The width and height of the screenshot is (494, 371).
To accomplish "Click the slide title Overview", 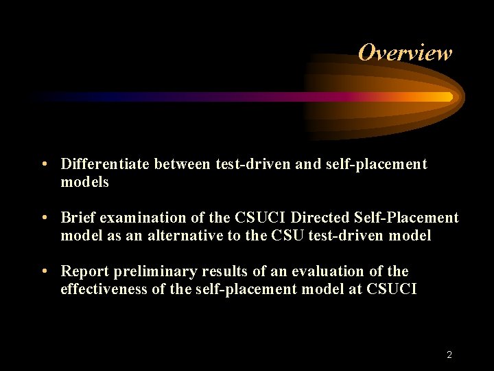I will [405, 53].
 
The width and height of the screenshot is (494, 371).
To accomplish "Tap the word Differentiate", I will [106, 164].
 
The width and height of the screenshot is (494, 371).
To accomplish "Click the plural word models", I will [84, 182].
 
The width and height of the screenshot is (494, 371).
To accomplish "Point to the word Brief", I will [78, 218].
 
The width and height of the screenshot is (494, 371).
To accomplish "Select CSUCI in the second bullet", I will [261, 218].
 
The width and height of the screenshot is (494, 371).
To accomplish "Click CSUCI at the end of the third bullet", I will [392, 289].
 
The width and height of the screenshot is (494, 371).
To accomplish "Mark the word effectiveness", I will [103, 289].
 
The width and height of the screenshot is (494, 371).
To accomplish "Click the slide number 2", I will [449, 355].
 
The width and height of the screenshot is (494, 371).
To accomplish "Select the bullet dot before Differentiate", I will [44, 164].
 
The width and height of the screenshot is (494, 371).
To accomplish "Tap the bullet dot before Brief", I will [44, 218].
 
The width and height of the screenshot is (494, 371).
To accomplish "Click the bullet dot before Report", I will [44, 271].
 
